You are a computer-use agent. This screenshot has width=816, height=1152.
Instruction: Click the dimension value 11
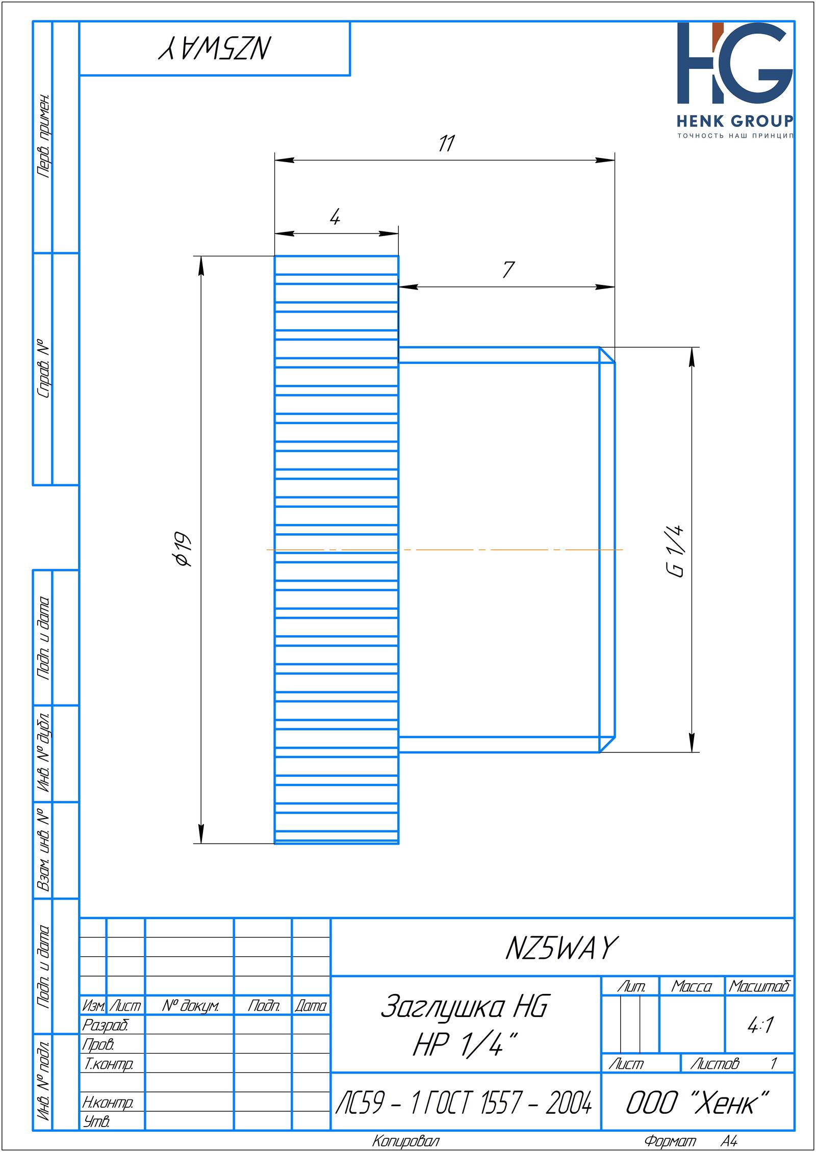[x=446, y=144]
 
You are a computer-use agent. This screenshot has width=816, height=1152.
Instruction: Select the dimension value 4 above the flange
[x=335, y=218]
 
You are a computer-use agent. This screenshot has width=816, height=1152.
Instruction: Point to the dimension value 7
[x=508, y=270]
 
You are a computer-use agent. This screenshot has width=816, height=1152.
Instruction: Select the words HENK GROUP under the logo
[x=735, y=121]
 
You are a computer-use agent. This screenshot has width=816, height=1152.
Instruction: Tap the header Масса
[x=692, y=987]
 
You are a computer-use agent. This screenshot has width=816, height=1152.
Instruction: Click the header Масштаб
[x=759, y=987]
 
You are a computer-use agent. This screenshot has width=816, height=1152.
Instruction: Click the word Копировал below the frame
[x=405, y=1141]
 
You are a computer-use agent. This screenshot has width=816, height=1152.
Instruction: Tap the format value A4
[x=729, y=1141]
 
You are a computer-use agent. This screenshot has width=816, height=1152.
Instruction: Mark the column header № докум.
[x=190, y=1006]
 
